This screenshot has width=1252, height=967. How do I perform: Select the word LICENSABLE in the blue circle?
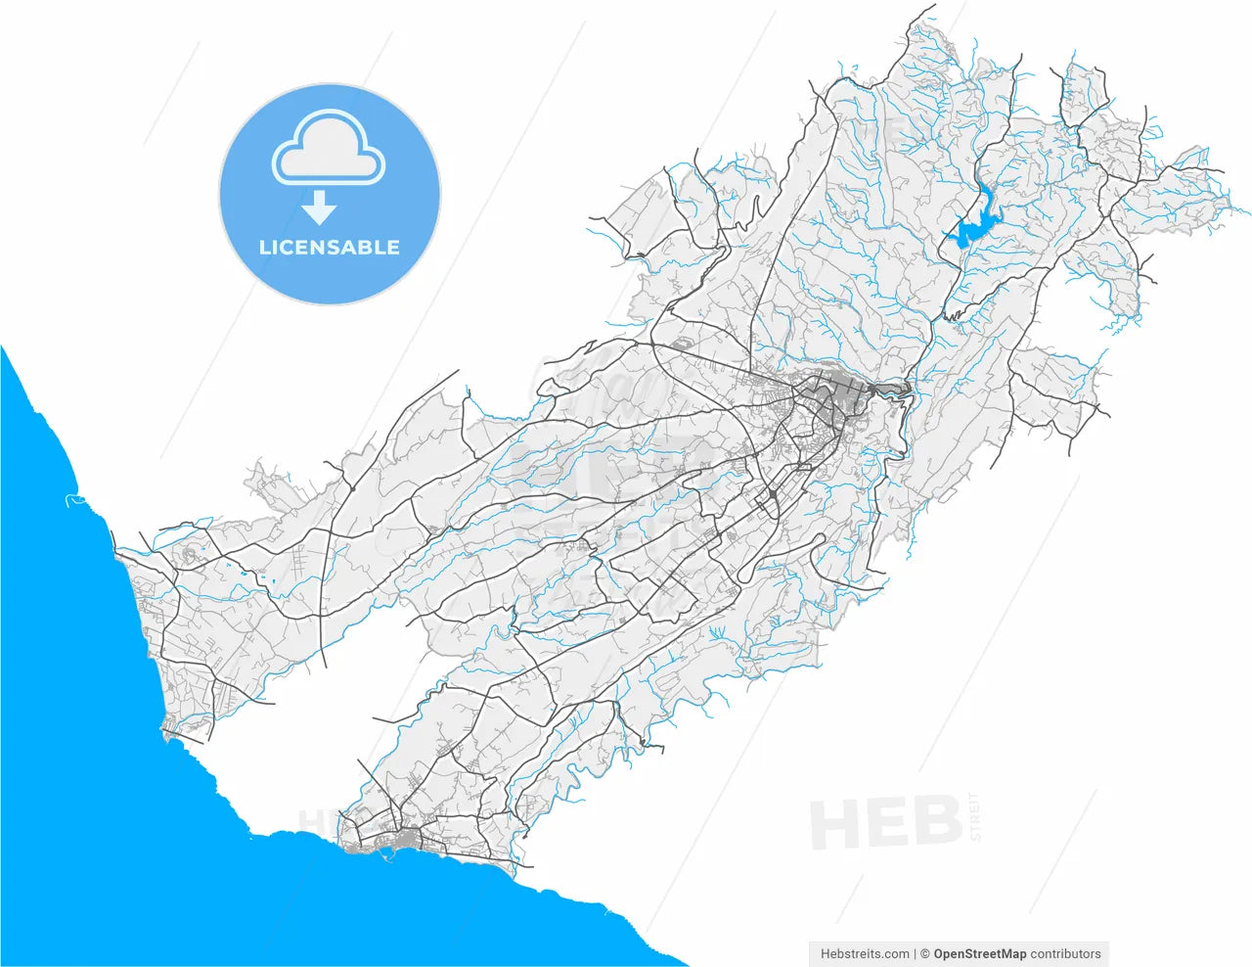coord(330,248)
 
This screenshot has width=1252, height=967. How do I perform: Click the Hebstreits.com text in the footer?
coord(865,953)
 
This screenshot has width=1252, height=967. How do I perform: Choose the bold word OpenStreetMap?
coord(980,953)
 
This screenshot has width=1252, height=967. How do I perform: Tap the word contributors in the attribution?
coord(1066,953)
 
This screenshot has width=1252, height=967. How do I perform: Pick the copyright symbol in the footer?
coord(924,953)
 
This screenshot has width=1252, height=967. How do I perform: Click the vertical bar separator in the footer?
coord(915,953)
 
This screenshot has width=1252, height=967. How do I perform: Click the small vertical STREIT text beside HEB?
coord(972,816)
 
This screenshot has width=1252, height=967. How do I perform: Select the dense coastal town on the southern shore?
coord(396,840)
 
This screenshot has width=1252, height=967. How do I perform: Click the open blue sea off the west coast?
coord(49,636)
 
